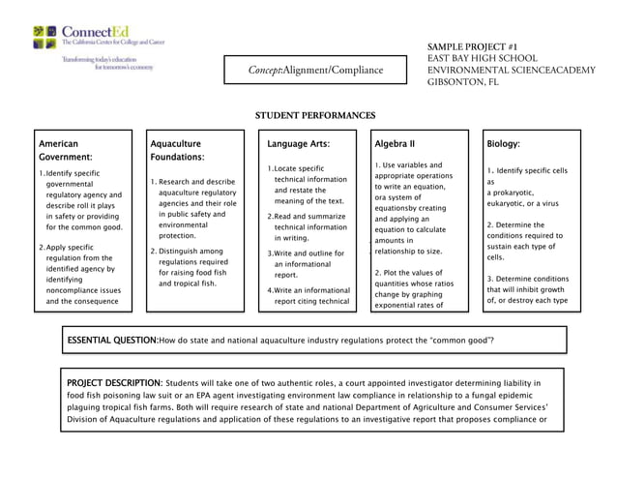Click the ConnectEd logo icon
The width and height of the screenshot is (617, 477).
click(x=44, y=37)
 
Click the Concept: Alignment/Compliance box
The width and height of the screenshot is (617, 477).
click(x=315, y=70)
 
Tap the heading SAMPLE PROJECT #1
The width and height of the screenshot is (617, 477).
click(x=474, y=46)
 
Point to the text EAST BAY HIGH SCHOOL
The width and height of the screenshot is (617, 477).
click(x=483, y=59)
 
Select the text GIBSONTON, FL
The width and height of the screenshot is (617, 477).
click(x=463, y=82)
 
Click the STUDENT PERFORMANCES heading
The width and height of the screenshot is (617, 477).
click(x=314, y=116)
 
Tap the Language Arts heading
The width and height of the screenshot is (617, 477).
click(x=299, y=143)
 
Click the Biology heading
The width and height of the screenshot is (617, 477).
click(x=503, y=143)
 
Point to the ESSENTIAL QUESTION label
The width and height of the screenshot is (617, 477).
click(x=111, y=341)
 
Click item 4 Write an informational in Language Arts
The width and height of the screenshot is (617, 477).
click(x=308, y=289)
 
